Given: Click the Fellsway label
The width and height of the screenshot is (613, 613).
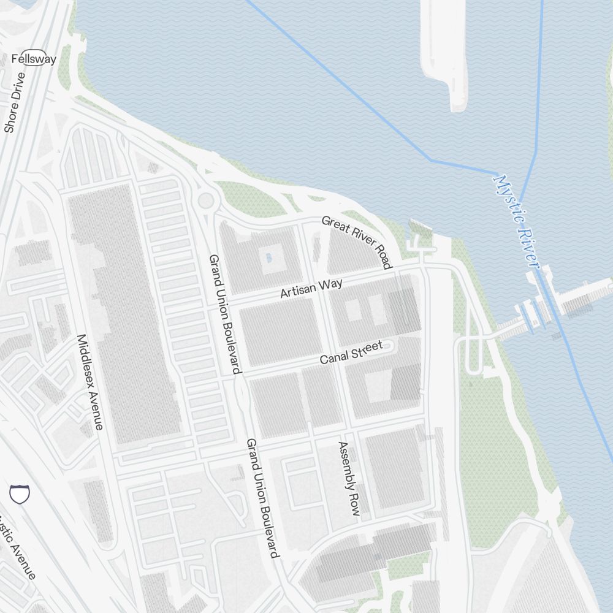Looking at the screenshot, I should [34, 59].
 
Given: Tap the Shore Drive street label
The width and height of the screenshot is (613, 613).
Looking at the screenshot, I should [15, 102].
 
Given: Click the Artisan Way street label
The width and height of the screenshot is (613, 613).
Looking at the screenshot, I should [311, 287].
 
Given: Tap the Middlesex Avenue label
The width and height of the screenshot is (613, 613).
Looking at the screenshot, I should [90, 381].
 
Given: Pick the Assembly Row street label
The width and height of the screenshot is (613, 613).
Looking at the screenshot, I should [349, 478].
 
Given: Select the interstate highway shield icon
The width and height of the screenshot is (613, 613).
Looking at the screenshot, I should [20, 493].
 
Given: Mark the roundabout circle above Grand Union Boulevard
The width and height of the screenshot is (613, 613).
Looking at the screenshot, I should [206, 200].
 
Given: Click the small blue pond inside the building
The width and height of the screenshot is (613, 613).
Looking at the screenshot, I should [268, 258].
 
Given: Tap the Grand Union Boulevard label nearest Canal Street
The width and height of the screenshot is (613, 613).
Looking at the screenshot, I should [225, 314].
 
